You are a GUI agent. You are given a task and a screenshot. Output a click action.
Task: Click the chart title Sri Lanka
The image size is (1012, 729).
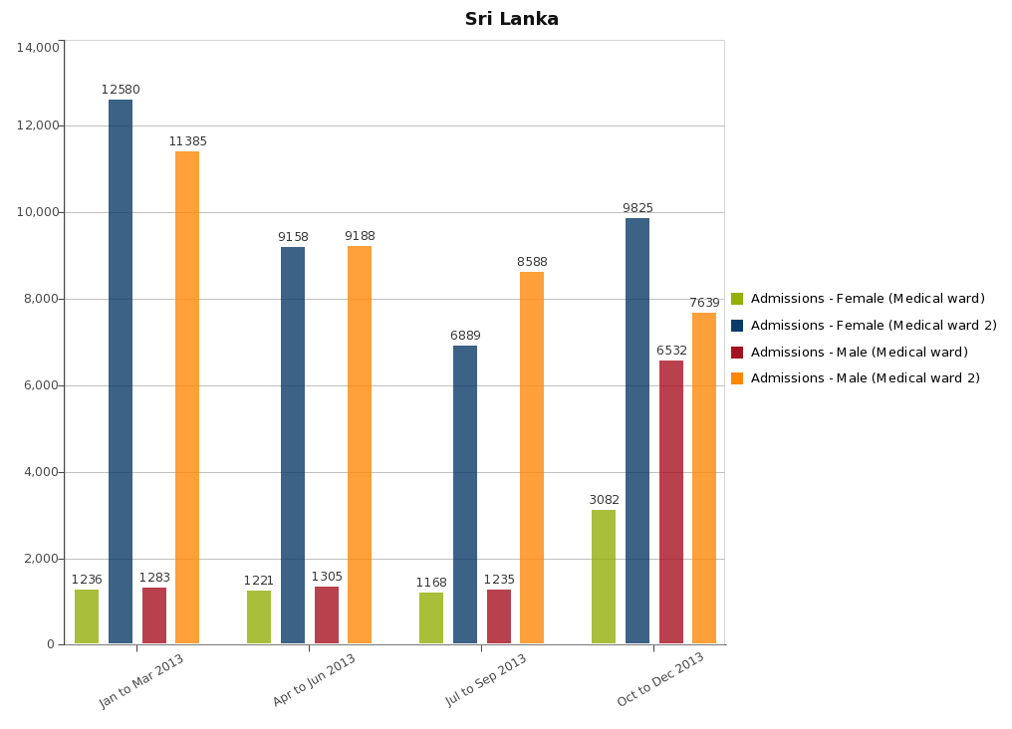512,19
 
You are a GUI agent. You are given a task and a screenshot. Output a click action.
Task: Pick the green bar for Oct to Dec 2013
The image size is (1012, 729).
604,577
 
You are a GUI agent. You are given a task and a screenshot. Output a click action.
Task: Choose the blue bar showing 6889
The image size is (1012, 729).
465,494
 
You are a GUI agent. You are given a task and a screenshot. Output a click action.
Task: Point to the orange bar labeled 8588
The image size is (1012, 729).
532,457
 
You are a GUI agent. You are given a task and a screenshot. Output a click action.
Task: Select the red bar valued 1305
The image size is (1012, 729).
327,614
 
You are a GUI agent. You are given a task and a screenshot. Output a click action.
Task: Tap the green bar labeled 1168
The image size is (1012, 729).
431,617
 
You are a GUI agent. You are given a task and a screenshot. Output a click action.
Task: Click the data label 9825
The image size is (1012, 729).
637,208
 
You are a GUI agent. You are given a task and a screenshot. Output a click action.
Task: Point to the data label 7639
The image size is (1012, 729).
704,303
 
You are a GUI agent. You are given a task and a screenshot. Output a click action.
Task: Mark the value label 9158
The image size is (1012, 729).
293,237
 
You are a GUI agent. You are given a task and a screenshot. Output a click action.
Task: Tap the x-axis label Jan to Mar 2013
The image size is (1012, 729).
141,680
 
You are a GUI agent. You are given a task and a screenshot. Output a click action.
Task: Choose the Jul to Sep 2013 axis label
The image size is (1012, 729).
486,680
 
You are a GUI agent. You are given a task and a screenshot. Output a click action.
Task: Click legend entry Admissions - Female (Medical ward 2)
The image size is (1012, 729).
874,326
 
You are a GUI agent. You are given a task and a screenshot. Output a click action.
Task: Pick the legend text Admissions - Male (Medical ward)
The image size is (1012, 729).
859,352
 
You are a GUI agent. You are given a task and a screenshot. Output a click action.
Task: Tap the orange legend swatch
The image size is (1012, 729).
737,378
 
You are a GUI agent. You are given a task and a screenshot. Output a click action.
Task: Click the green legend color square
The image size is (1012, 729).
737,299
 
